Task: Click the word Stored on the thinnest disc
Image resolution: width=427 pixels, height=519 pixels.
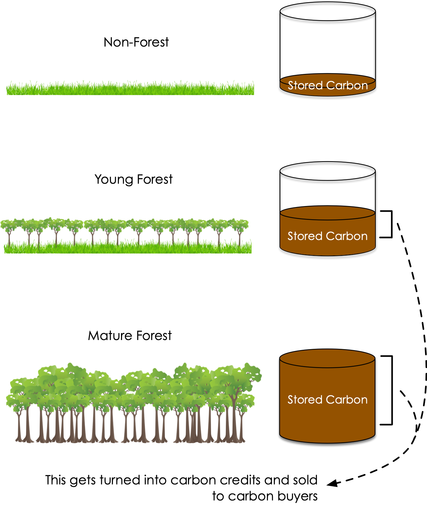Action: point(305,86)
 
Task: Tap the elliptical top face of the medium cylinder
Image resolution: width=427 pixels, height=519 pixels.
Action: point(327,213)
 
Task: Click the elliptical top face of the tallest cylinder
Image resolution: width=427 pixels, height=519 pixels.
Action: point(327,358)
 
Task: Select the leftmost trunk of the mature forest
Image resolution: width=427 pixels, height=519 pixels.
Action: point(20,425)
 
